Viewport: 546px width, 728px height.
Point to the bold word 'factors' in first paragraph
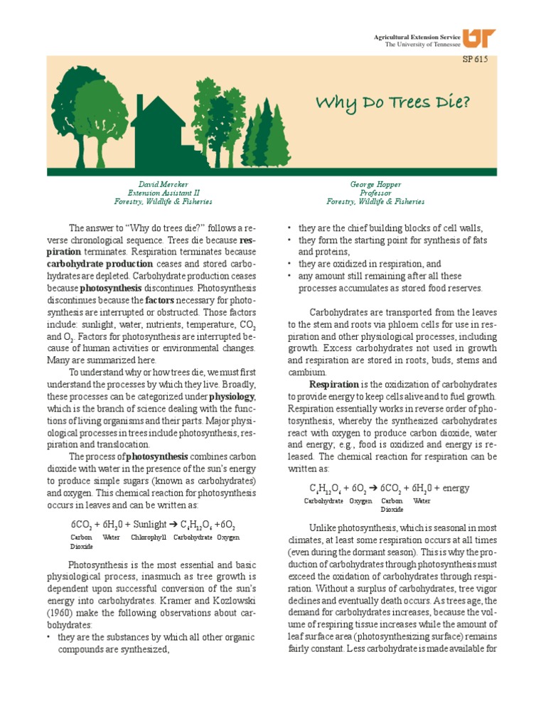[x=161, y=300]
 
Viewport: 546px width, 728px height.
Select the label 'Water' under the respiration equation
[x=422, y=501]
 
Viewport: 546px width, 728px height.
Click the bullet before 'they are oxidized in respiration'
[x=290, y=263]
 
